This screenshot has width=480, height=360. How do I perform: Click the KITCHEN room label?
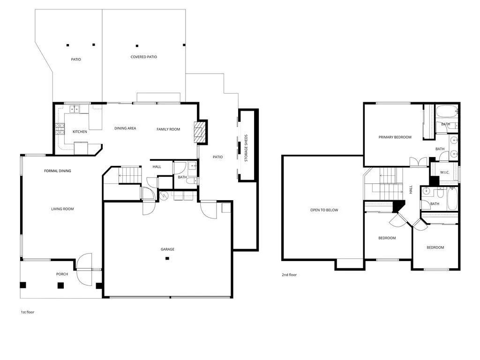(x=80, y=132)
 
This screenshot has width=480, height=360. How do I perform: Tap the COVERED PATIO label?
(x=143, y=57)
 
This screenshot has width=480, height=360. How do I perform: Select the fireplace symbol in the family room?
(x=200, y=132)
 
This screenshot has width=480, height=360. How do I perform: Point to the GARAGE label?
(x=167, y=249)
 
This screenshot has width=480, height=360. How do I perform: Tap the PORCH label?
(x=62, y=274)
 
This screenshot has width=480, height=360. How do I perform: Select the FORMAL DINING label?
(x=58, y=171)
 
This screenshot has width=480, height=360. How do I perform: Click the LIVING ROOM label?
(x=62, y=209)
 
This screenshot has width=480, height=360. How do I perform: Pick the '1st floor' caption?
(x=28, y=312)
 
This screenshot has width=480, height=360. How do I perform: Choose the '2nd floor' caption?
(x=289, y=275)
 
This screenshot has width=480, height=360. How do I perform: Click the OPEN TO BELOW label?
(x=324, y=210)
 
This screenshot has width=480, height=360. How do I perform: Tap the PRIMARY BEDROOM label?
(x=395, y=137)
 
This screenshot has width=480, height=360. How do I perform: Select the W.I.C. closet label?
(x=444, y=172)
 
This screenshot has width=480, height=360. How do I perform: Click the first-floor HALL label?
(x=157, y=167)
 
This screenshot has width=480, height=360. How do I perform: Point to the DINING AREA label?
(x=125, y=128)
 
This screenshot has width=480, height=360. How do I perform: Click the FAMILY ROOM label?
(x=168, y=129)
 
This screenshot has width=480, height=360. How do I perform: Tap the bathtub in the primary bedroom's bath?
(x=446, y=112)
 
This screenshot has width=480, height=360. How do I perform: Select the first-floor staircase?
(x=129, y=175)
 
